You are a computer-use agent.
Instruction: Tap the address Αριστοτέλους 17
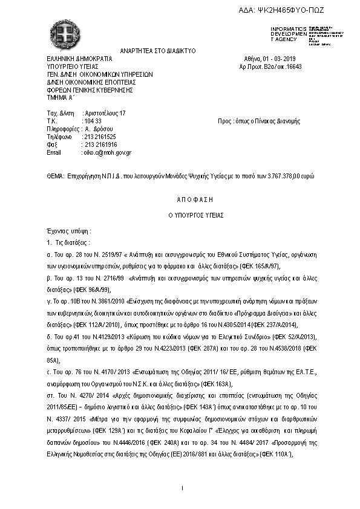[104, 114]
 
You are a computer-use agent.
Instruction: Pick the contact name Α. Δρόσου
[99, 129]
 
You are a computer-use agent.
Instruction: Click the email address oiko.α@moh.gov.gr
[106, 153]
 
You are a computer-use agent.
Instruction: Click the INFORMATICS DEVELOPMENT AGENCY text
[285, 34]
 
